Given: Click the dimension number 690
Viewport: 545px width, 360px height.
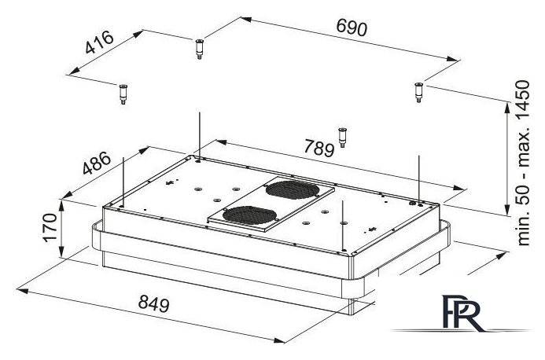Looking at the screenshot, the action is pos(352,28).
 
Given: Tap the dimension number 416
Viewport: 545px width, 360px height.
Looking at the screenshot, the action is pos(99,42).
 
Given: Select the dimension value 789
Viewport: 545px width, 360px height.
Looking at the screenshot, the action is pos(319,148).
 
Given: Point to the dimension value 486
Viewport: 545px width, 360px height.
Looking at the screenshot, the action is pos(97,163).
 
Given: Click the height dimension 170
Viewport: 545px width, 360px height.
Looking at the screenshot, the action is pos(50,228).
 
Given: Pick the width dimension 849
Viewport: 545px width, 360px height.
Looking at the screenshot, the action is pos(153,303).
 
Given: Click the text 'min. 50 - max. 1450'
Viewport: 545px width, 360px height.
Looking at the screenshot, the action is pos(524,163).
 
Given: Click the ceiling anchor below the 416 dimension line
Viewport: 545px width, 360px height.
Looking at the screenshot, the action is pos(123,94).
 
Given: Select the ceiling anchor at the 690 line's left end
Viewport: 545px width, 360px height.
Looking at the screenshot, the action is pos(199,50).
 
